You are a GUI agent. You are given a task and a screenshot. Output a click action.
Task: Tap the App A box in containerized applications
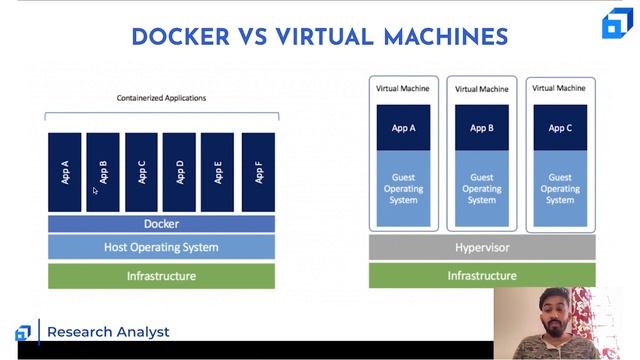click(65, 172)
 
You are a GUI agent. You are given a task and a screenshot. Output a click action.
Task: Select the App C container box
click(141, 172)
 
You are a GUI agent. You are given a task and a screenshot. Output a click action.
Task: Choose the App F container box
click(258, 172)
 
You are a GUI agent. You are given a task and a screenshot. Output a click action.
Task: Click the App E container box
click(218, 172)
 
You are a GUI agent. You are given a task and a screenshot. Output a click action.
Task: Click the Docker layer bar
click(161, 224)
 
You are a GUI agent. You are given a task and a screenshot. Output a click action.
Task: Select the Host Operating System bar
click(161, 247)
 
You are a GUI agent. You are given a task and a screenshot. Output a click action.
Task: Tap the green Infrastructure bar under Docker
click(161, 276)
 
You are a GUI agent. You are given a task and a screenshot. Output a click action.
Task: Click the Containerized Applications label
click(161, 98)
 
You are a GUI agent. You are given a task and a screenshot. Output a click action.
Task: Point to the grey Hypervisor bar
click(482, 247)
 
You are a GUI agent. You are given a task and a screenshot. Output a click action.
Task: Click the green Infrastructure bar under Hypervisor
click(482, 276)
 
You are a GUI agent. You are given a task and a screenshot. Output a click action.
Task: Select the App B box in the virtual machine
click(482, 128)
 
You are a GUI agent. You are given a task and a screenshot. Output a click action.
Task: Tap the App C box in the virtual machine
click(560, 128)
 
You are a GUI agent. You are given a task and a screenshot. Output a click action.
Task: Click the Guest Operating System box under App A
click(403, 188)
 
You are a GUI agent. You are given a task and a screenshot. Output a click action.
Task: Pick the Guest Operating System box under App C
click(560, 188)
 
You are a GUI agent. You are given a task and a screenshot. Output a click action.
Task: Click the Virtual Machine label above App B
click(482, 89)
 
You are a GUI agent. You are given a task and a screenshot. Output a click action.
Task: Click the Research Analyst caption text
click(108, 332)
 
